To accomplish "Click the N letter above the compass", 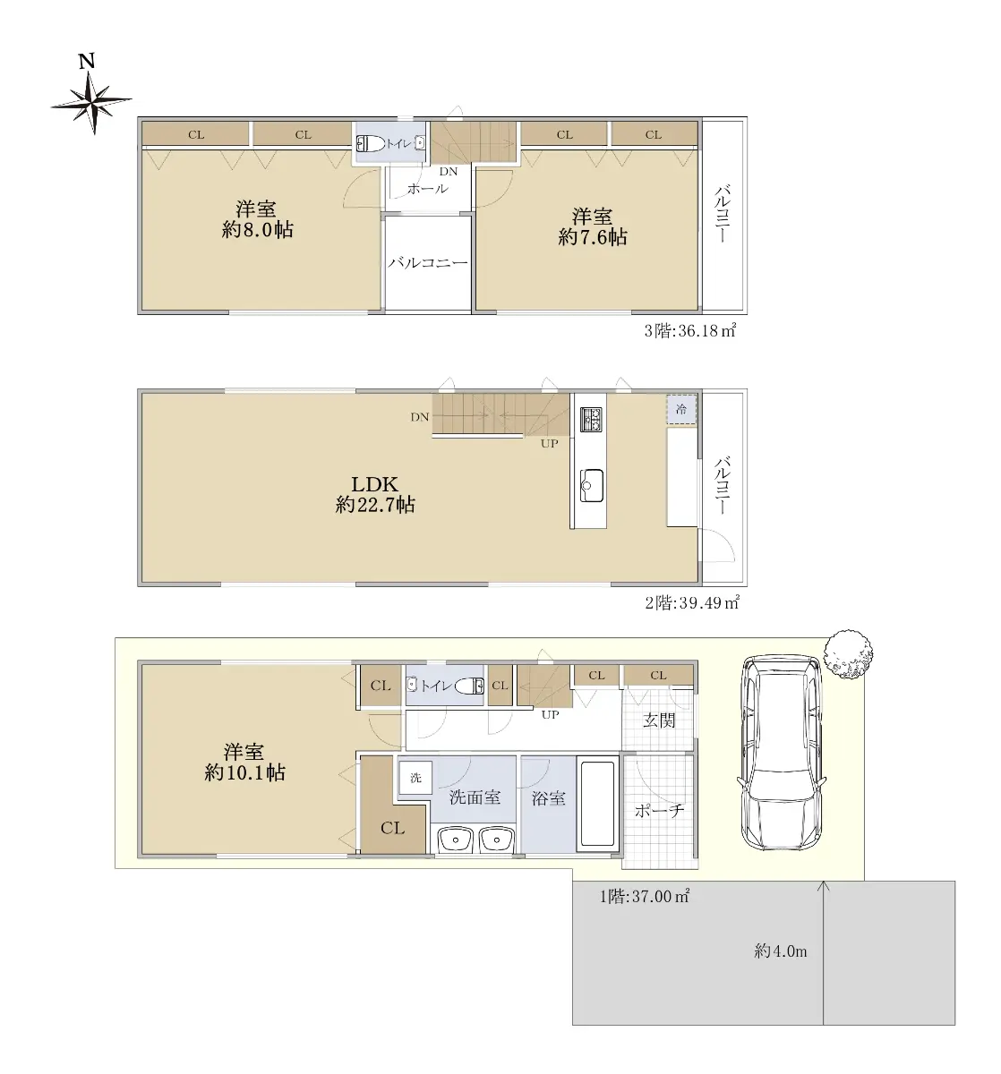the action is coord(87,61).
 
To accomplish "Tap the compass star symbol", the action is coord(92,102).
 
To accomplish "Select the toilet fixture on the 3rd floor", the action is coord(372,143).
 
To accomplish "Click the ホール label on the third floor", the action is coord(427,189).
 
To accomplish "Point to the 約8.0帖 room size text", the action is coord(258,230).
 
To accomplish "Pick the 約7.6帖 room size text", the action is coord(593,237).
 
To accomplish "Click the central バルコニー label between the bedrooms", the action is coord(427,263).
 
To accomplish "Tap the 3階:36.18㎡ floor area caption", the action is coord(690,330).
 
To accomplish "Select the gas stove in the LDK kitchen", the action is coord(591,419).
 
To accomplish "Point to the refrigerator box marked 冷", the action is coord(681,409).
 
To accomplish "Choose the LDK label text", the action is coord(375,483).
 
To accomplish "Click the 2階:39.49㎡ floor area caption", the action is coord(691,602).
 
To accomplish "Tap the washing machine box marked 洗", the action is coord(415,777).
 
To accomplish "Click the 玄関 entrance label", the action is coord(658,720).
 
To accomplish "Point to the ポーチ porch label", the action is coord(659,810).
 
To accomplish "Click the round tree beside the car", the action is coord(848,654).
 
